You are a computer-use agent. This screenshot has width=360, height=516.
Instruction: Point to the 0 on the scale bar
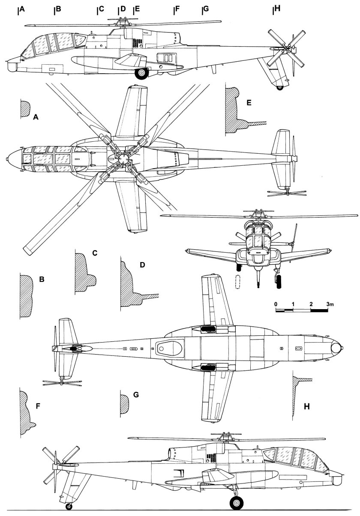pyautogui.click(x=276, y=304)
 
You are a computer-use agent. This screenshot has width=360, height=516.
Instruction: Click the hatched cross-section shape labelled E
pyautogui.click(x=236, y=111)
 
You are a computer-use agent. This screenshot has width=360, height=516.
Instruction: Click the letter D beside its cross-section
pyautogui.click(x=143, y=265)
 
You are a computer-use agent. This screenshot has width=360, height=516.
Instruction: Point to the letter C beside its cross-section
pyautogui.click(x=95, y=253)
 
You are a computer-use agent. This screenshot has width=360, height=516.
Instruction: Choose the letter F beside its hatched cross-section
pyautogui.click(x=38, y=405)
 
